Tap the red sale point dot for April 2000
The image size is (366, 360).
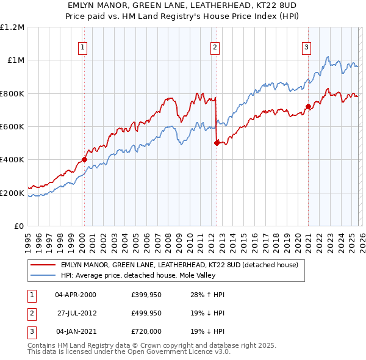click(84, 160)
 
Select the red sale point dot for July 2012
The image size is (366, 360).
click(217, 143)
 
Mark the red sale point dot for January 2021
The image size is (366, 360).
click(308, 107)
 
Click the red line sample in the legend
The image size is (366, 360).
click(43, 265)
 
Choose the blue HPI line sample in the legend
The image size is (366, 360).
click(43, 275)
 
